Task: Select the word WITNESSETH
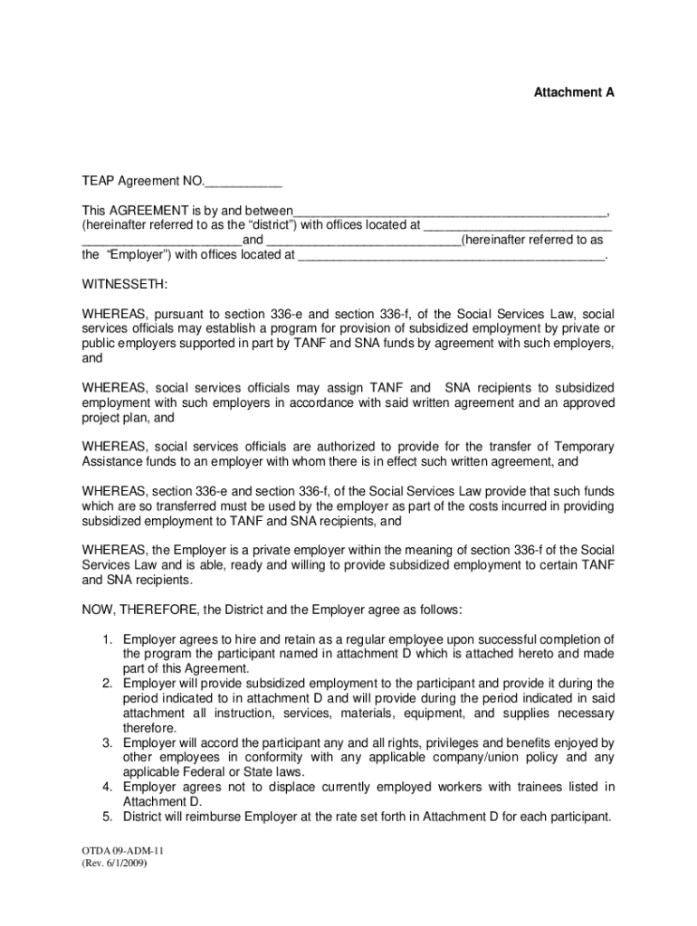click(x=124, y=285)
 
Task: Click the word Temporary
click(x=580, y=447)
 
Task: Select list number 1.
click(x=106, y=639)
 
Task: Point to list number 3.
click(x=106, y=742)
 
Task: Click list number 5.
click(x=106, y=817)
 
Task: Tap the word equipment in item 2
click(x=440, y=713)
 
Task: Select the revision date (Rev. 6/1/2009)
click(x=114, y=864)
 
